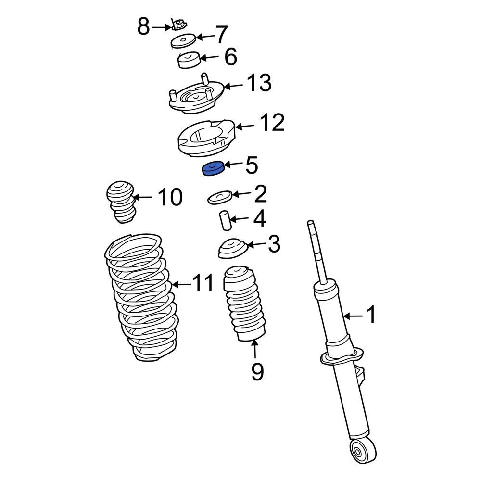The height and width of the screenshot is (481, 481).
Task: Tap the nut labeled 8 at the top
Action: point(179,24)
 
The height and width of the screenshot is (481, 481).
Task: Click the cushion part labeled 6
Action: point(188,61)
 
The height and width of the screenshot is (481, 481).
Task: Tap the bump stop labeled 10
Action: point(120,202)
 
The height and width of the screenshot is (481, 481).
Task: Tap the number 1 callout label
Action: point(371,316)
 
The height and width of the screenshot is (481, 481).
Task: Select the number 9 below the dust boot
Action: point(257,371)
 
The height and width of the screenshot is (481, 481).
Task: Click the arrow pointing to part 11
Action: point(181,284)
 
